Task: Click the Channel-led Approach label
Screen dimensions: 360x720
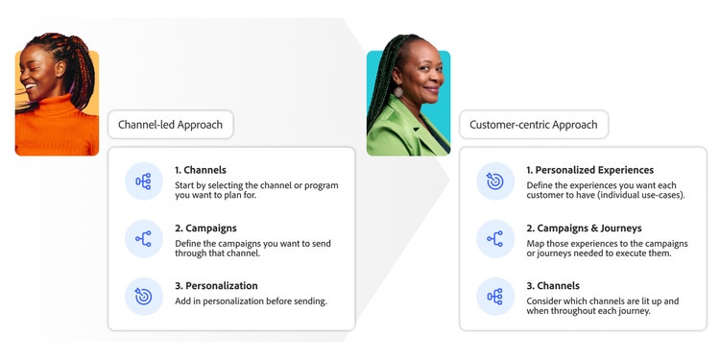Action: (x=171, y=125)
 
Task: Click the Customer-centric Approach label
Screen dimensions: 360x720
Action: (x=534, y=125)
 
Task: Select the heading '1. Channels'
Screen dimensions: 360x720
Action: (x=201, y=170)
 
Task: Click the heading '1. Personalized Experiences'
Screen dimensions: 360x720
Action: (x=589, y=170)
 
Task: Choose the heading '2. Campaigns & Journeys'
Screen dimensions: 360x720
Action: (x=583, y=228)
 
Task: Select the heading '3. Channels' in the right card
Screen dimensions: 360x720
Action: (x=553, y=285)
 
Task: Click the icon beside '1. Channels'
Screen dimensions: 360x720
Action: (x=144, y=180)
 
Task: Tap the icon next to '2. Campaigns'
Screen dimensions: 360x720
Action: (x=144, y=239)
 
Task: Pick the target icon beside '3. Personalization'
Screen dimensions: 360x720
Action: (x=144, y=297)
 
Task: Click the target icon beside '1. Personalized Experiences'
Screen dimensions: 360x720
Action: (x=495, y=180)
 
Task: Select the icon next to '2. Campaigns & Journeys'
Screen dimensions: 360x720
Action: (x=495, y=239)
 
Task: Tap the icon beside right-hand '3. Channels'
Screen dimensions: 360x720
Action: (x=495, y=297)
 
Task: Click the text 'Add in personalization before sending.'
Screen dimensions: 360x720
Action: (x=251, y=301)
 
